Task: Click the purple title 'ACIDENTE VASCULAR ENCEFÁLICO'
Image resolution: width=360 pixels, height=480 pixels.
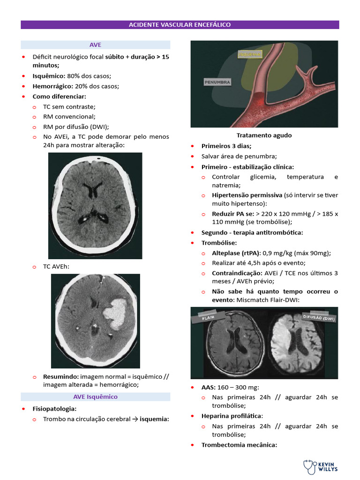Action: point(180,24)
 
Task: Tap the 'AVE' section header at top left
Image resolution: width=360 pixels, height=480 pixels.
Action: point(95,45)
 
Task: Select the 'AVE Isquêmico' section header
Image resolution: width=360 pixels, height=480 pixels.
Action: point(95,397)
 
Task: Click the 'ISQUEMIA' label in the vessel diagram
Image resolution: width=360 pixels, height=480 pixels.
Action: point(250,54)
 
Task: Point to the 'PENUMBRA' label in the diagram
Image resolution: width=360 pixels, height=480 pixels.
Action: point(217,82)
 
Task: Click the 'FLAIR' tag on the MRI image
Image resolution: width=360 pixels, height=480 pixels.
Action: point(208,317)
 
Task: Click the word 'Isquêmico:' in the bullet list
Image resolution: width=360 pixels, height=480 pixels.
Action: point(49,76)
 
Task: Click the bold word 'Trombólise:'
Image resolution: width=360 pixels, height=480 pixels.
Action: point(219,243)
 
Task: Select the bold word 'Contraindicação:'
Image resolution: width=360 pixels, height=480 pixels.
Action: point(236,273)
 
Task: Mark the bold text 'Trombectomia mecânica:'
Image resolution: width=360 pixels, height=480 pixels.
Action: point(239,445)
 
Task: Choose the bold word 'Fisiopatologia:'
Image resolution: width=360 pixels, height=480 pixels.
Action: point(55,409)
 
